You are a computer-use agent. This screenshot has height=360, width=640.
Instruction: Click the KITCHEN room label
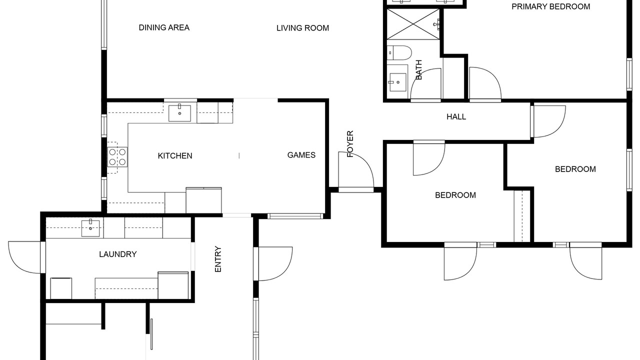175,155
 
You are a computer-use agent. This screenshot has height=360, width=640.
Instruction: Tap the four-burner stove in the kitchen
117,157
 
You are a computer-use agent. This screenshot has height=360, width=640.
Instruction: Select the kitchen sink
179,113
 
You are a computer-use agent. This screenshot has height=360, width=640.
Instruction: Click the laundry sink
90,228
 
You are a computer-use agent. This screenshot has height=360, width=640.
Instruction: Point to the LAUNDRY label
117,254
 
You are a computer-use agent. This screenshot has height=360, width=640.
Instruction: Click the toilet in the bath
399,53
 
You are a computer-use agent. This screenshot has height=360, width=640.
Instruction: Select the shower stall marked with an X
413,24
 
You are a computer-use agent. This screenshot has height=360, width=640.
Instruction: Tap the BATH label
418,70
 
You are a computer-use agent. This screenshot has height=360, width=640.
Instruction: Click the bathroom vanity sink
397,82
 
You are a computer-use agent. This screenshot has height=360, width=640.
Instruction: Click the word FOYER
350,144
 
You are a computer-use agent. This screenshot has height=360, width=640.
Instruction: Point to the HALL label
456,116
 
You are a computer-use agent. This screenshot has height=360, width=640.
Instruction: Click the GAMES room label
301,155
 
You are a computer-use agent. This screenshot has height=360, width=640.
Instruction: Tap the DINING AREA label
164,27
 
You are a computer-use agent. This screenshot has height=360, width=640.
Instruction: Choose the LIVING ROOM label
302,28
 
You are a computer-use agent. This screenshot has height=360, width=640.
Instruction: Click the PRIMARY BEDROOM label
550,6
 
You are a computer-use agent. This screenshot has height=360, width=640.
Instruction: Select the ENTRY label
218,259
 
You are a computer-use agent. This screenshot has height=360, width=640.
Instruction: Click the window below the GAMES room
295,216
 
